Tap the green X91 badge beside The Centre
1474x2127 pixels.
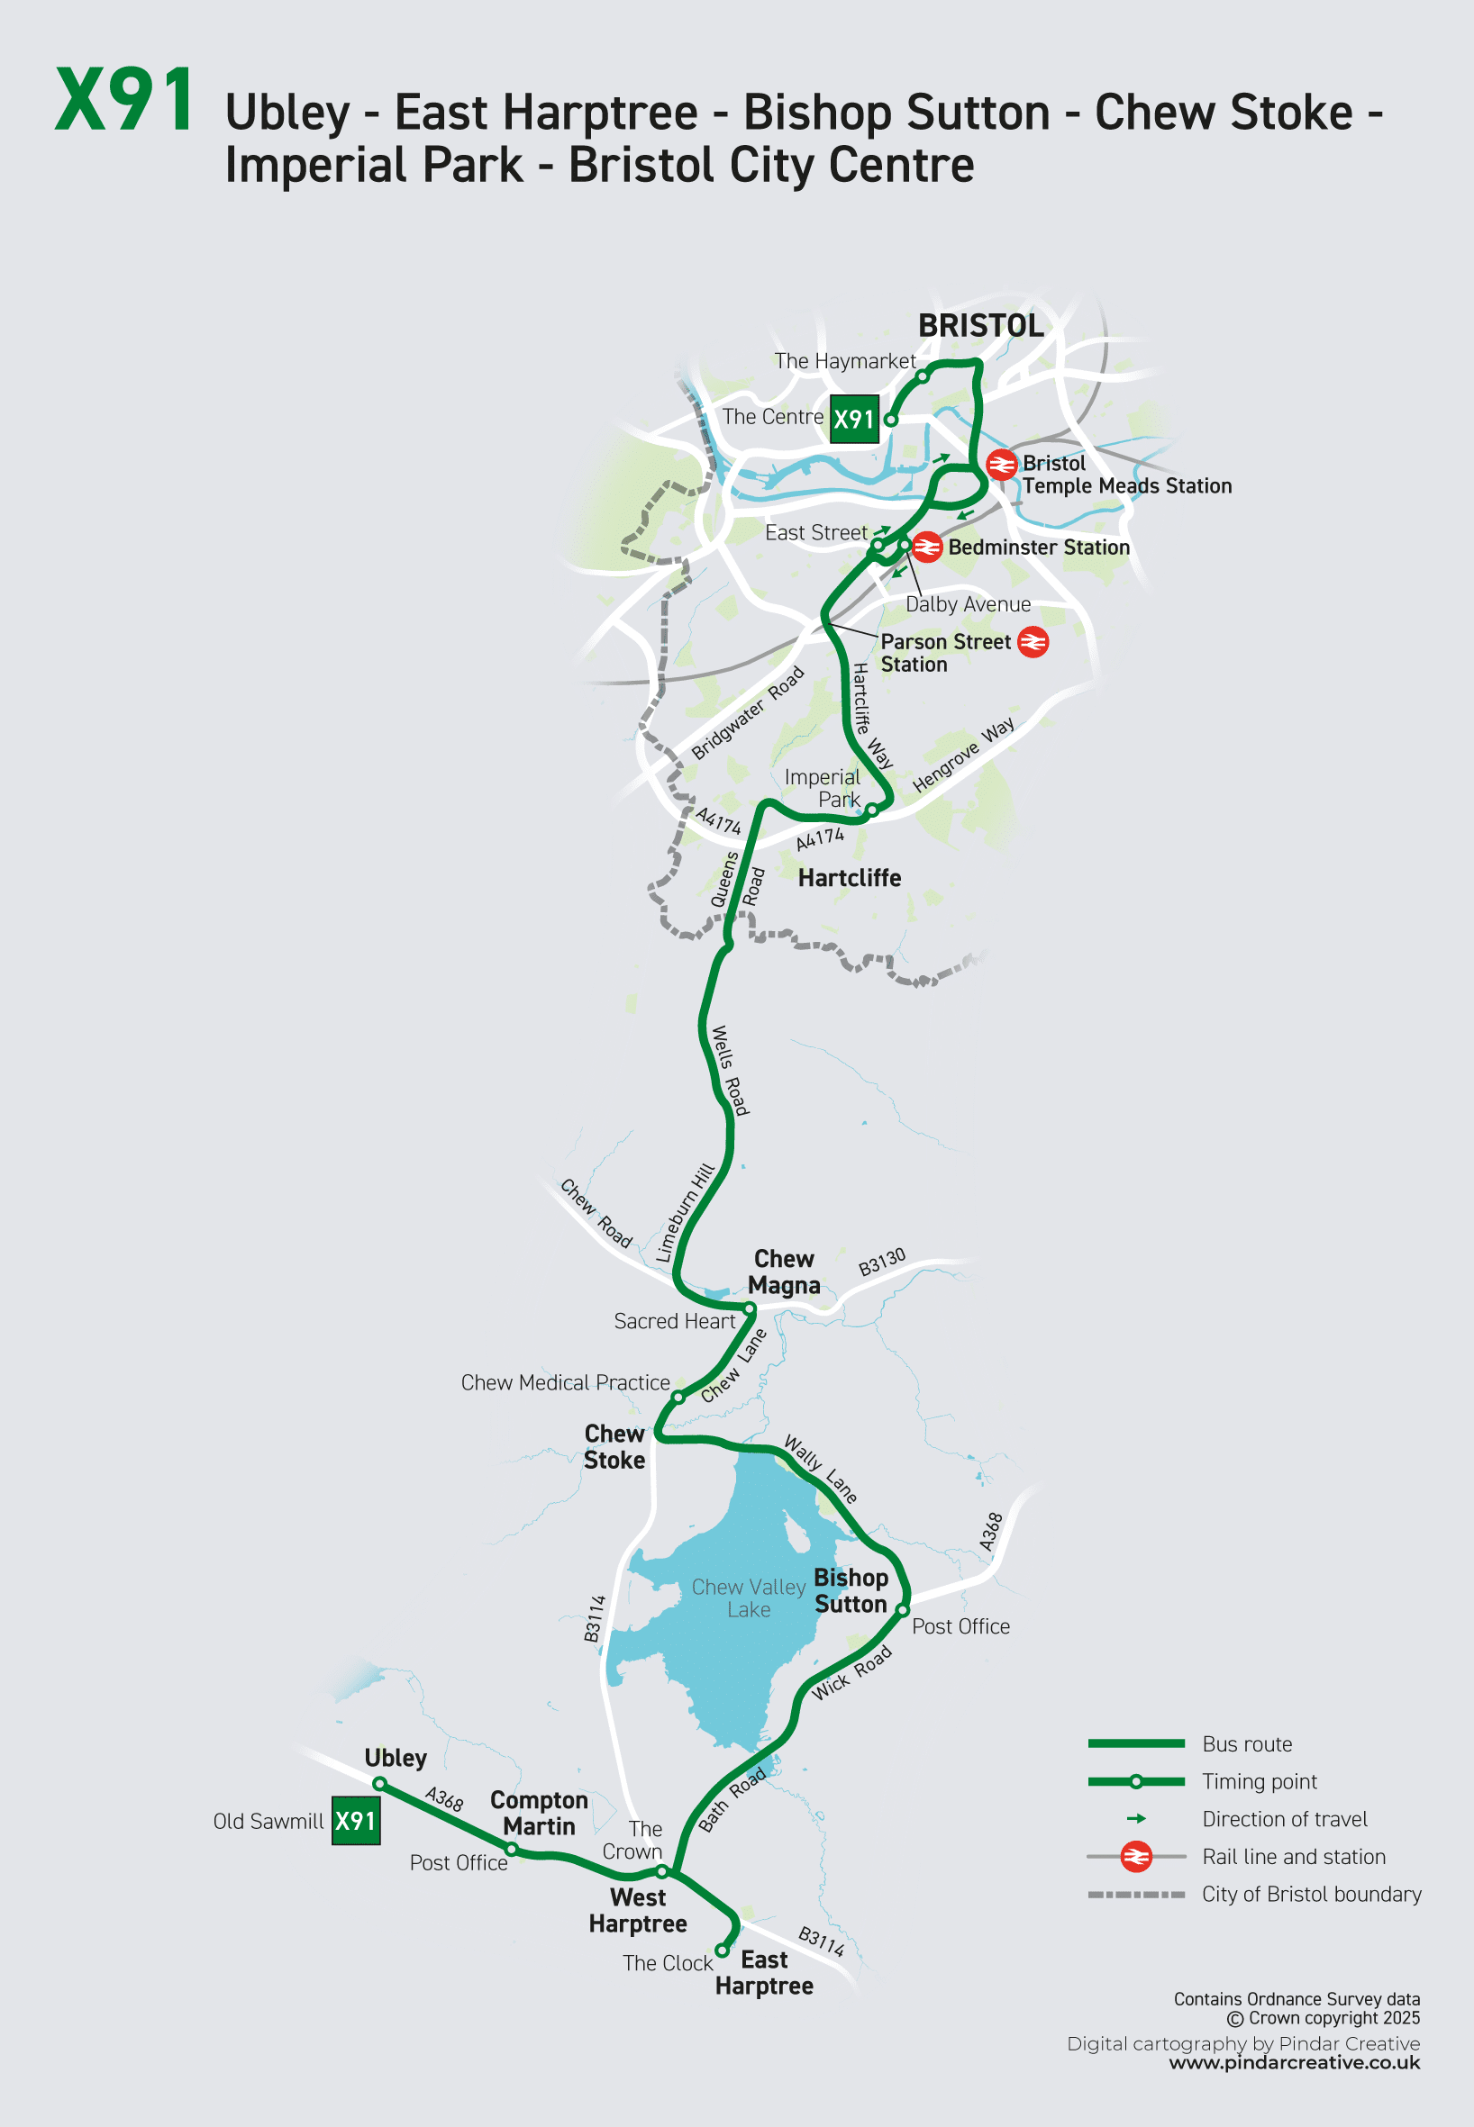tap(853, 419)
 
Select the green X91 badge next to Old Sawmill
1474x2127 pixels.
tap(356, 1821)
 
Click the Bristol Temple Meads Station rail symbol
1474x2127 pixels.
tap(1001, 465)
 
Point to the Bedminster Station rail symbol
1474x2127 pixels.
tap(926, 548)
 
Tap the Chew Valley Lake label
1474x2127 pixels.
tap(749, 1598)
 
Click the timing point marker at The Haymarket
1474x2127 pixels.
tap(922, 376)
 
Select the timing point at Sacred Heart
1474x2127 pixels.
tap(750, 1309)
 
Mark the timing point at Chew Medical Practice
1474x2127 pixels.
tap(678, 1397)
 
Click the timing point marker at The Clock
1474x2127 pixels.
tap(722, 1951)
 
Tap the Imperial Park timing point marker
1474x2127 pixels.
tap(871, 810)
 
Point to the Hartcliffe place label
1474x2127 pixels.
tap(850, 878)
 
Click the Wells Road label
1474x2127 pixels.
tap(730, 1070)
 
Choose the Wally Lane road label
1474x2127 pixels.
tap(820, 1469)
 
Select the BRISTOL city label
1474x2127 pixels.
tap(981, 326)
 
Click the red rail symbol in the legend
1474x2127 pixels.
tap(1136, 1857)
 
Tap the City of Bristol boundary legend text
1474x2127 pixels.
tap(1312, 1895)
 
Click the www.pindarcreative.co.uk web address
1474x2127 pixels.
tap(1294, 2063)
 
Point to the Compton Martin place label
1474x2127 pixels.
tap(540, 1813)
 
